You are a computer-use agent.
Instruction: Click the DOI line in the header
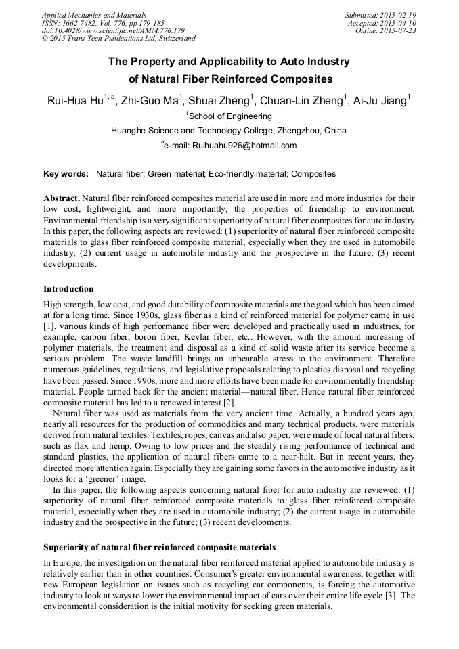pyautogui.click(x=113, y=30)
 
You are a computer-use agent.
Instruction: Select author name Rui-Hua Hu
pyautogui.click(x=74, y=101)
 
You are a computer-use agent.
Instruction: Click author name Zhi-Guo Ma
pyautogui.click(x=150, y=101)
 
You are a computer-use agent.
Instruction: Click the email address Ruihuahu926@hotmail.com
pyautogui.click(x=244, y=146)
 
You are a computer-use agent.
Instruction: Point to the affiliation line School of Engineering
pyautogui.click(x=230, y=116)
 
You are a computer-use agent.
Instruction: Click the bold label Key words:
pyautogui.click(x=66, y=174)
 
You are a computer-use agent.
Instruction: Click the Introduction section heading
pyautogui.click(x=68, y=289)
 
